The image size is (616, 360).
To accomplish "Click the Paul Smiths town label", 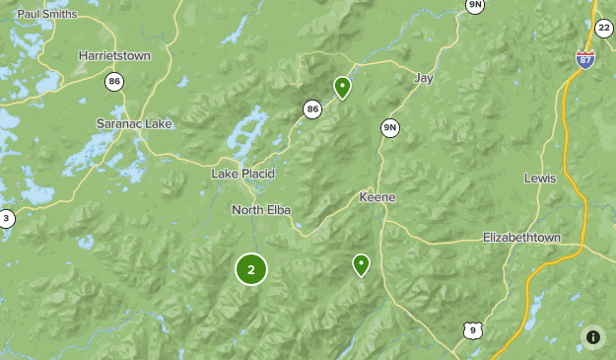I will point(47,14).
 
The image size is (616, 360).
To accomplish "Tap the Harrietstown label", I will point(114,56).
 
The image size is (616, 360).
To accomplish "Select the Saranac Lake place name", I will point(133,123).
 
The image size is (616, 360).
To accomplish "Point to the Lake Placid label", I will point(243,174).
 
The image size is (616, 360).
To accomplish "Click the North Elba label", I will point(262,209).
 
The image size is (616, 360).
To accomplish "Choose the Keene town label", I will point(376,197).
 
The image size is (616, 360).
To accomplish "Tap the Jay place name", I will point(425,77).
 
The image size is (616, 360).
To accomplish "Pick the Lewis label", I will point(540,179).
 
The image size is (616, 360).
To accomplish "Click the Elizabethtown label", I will point(521,238).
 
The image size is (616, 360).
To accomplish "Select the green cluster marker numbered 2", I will point(251,268).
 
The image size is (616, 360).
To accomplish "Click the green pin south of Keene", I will point(361,264).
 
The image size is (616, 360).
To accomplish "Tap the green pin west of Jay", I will point(342,88).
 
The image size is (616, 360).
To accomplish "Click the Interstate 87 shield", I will point(585,58).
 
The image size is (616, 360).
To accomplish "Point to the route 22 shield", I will point(603,29).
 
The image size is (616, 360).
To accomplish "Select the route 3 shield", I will point(6,219).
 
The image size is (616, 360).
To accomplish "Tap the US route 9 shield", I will point(473,329).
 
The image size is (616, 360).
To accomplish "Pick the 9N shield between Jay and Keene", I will point(390,128).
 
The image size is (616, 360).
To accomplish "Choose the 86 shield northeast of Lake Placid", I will point(312,109).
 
